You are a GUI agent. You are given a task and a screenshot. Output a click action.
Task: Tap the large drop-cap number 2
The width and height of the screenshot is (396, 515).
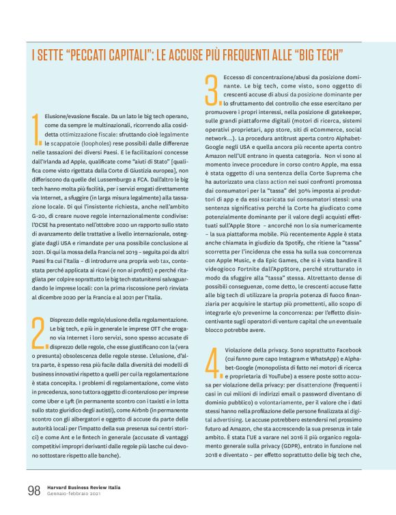pos(38,333)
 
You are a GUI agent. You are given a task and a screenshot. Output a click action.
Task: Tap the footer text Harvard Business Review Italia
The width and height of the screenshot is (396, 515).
pos(85,486)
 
